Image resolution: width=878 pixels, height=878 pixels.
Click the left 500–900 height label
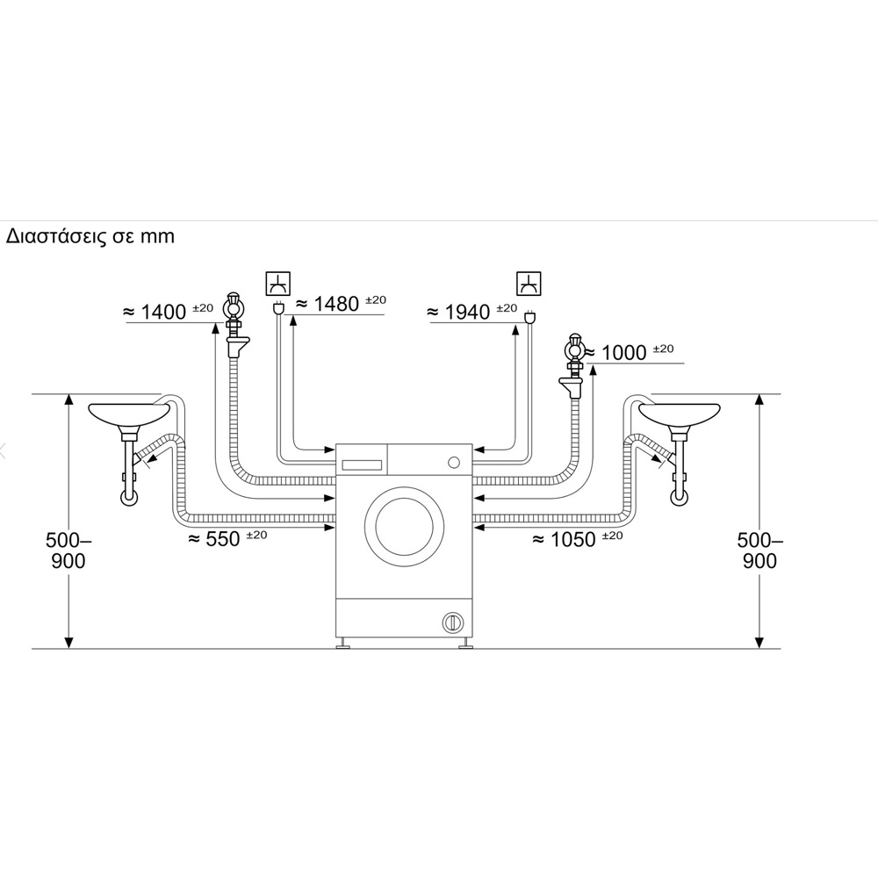coord(68,551)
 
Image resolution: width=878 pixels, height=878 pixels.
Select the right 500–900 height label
coord(759,551)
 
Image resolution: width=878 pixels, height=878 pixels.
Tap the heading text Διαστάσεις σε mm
coord(90,235)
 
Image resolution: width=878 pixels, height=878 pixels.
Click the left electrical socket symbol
coord(278,284)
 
